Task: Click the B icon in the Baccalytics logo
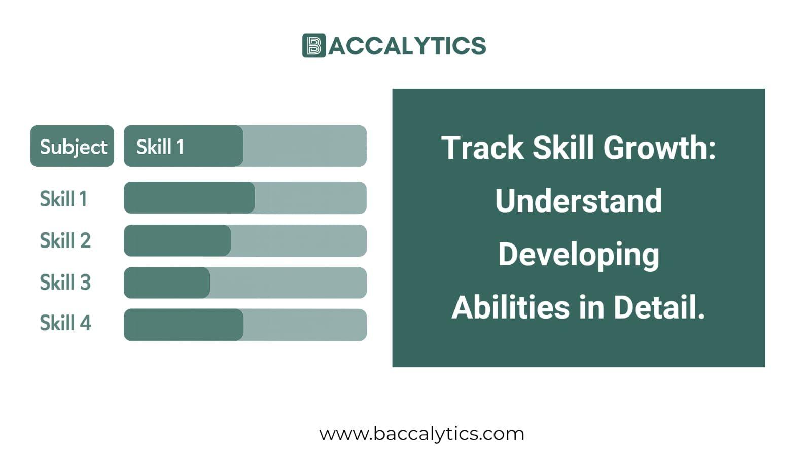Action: [x=313, y=46]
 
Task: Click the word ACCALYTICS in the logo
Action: [x=407, y=46]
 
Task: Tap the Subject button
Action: [x=72, y=146]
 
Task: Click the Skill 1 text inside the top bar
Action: [x=160, y=147]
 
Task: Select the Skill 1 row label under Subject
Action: [x=63, y=198]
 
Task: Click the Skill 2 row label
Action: [x=65, y=240]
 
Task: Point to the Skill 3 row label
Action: [x=65, y=283]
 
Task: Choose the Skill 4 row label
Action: [x=65, y=323]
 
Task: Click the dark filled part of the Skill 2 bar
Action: [x=177, y=240]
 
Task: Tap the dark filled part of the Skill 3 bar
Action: [x=167, y=283]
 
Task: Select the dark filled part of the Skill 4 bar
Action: [x=183, y=325]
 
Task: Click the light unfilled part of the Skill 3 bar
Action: [x=288, y=283]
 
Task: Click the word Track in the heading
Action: [x=482, y=148]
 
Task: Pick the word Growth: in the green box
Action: [x=659, y=148]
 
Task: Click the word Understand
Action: [x=578, y=201]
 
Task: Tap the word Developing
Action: [x=578, y=255]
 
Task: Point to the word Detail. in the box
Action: [x=659, y=307]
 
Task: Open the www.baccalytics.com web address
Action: [x=421, y=434]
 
